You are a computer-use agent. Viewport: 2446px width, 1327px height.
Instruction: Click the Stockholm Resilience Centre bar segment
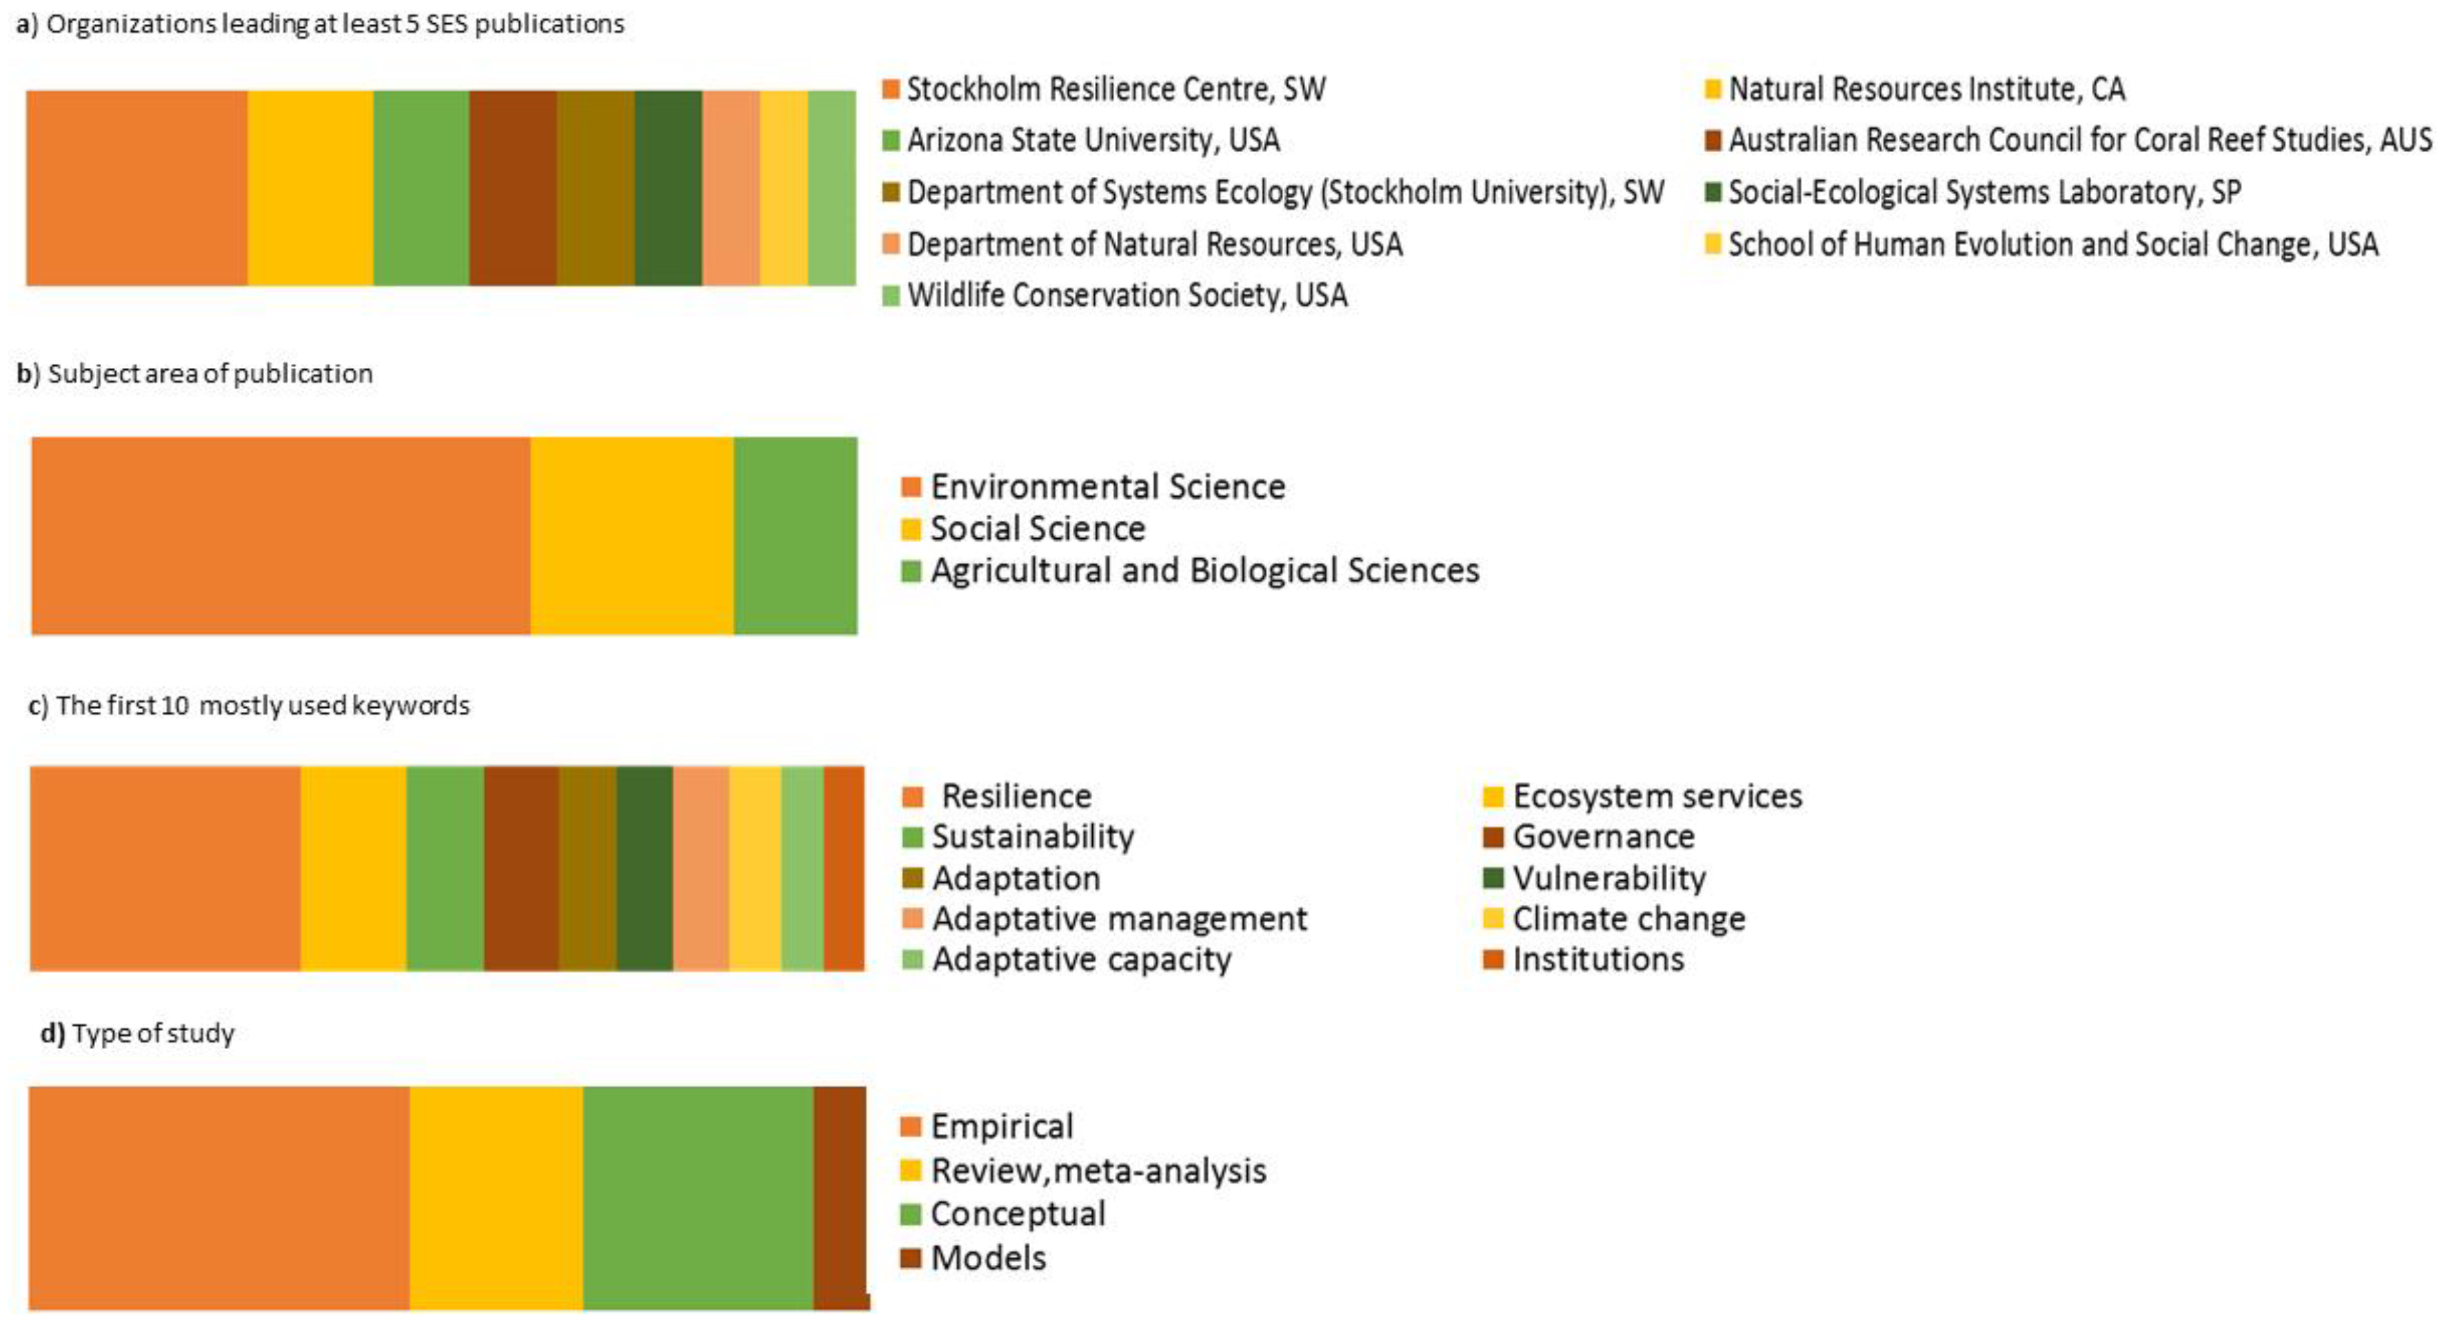coord(137,188)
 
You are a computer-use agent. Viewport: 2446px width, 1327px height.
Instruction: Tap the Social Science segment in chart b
coord(631,536)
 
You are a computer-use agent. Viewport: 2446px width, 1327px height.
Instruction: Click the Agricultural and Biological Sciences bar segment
coord(796,536)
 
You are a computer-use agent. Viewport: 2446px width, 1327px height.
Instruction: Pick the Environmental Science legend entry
coord(1107,486)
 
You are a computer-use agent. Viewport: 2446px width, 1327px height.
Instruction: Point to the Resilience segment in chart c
coord(165,868)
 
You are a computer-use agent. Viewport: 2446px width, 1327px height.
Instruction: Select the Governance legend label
coord(1603,837)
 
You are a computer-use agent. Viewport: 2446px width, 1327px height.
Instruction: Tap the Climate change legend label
coord(1628,918)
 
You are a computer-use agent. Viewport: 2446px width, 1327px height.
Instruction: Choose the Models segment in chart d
coord(840,1198)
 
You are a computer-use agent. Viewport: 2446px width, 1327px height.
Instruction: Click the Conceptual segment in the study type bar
coord(698,1198)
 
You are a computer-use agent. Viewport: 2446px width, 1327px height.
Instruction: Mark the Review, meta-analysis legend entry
coord(1097,1170)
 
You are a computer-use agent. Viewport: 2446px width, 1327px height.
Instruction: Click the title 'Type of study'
coord(153,1034)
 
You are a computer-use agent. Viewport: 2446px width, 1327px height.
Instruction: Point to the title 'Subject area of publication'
coord(210,373)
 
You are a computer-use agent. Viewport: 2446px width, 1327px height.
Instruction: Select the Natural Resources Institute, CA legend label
coord(1925,89)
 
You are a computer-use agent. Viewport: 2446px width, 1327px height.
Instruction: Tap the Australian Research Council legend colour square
coord(1713,141)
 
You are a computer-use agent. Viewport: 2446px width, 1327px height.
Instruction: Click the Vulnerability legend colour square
coord(1493,878)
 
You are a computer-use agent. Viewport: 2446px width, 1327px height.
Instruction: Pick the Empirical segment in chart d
coord(218,1198)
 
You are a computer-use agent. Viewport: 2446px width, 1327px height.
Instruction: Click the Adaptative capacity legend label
coord(1081,959)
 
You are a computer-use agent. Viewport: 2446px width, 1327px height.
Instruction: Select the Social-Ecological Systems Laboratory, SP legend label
coord(1984,192)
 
